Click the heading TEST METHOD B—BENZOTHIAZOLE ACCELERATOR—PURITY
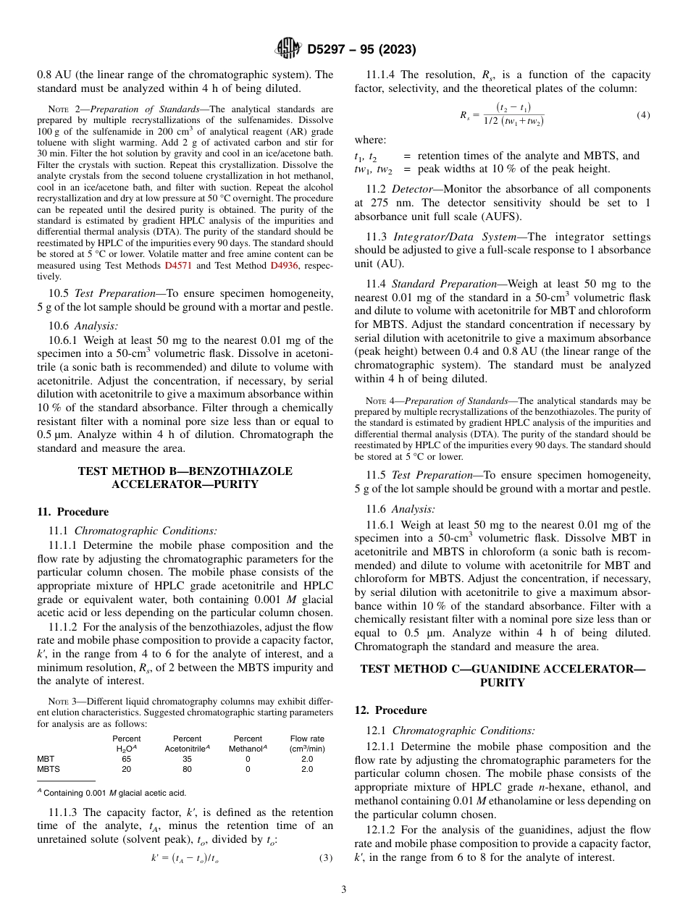point(185,477)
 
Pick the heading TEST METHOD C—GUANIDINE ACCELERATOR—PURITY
point(502,676)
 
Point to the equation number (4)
point(643,115)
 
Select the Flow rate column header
point(307,743)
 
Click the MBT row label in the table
point(45,759)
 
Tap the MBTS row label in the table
point(48,769)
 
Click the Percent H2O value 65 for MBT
point(127,759)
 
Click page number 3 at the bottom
point(343,890)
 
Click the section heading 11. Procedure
point(72,511)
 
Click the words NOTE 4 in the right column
point(379,401)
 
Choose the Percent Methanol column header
point(248,743)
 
